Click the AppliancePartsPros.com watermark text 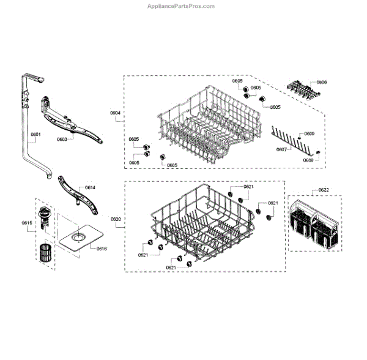coord(181,6)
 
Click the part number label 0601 coord(35,135)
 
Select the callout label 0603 coord(62,140)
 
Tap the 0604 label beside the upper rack coord(116,113)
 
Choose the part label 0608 coord(309,160)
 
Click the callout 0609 coord(310,133)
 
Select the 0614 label coord(91,187)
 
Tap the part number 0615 coord(27,223)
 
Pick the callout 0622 coord(324,190)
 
